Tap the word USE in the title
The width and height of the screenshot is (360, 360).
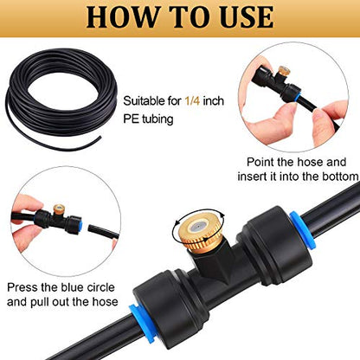[x=247, y=17]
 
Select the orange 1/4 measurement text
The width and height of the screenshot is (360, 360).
[x=192, y=101]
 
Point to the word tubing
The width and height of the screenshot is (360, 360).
[x=157, y=119]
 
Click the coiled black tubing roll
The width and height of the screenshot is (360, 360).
[x=61, y=98]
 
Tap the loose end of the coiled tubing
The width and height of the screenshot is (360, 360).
[x=100, y=138]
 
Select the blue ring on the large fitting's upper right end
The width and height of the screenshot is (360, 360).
[x=303, y=230]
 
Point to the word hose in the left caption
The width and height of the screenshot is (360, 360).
[x=105, y=302]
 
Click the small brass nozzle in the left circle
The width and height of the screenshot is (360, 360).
[x=59, y=209]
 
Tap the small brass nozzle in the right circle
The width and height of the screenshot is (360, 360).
[x=284, y=71]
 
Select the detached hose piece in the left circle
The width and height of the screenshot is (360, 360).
[x=103, y=232]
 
